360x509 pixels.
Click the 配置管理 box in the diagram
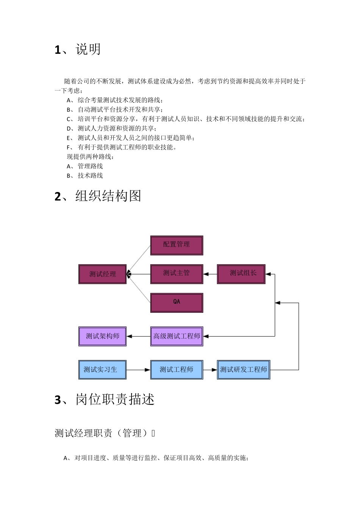tap(177, 245)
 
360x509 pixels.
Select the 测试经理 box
tap(102, 274)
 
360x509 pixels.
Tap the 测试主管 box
tap(177, 274)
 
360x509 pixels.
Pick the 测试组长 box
tap(241, 274)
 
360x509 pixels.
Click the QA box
tap(177, 303)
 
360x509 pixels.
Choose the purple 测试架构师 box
tap(102, 336)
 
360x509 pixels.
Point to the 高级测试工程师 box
tap(177, 336)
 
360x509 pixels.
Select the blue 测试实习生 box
tap(102, 370)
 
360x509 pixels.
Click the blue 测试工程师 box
tap(177, 370)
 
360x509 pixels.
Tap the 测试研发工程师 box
tap(243, 370)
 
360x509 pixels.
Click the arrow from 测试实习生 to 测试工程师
tap(138, 370)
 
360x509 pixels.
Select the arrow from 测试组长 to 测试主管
tap(210, 274)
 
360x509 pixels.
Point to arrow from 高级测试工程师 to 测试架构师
tap(138, 336)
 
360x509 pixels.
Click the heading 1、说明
tap(78, 50)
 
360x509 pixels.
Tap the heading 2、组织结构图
tap(98, 196)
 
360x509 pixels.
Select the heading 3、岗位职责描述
tap(105, 400)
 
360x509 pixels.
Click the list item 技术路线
tap(90, 176)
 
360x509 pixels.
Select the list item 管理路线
tap(90, 166)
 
